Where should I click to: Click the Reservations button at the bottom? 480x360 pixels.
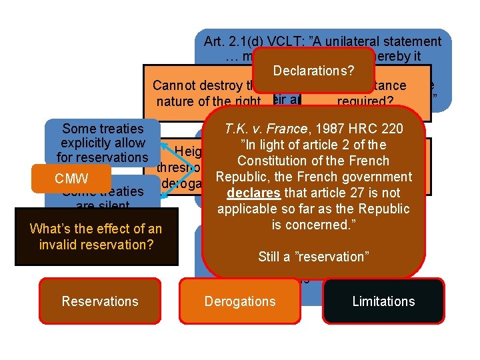[100, 301]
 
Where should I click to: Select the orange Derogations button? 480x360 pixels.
[240, 301]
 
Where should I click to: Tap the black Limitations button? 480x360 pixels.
[383, 301]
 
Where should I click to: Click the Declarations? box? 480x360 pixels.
[313, 71]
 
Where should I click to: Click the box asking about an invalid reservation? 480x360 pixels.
[96, 236]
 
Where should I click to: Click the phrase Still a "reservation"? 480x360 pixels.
[313, 256]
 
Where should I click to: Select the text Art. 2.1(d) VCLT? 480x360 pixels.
[247, 41]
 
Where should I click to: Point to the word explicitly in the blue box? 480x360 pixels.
[103, 143]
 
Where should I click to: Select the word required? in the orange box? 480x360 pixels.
[365, 102]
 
